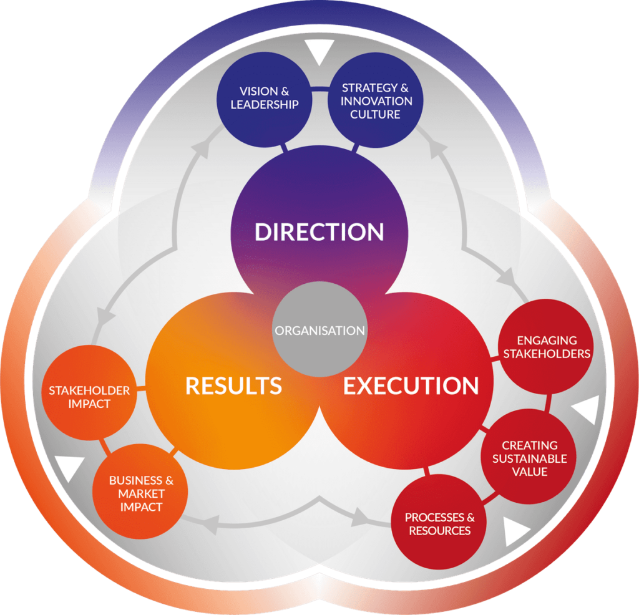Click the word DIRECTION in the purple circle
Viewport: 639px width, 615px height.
click(319, 232)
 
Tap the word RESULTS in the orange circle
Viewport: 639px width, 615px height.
click(233, 386)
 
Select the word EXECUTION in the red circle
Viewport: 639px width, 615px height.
click(411, 386)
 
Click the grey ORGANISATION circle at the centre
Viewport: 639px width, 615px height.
click(319, 329)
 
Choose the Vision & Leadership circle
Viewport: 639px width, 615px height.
click(265, 98)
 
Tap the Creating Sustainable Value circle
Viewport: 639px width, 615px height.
click(529, 458)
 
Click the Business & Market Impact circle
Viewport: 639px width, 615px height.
click(141, 494)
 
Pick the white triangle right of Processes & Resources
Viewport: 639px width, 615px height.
click(515, 530)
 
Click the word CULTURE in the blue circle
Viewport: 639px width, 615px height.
click(375, 114)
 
